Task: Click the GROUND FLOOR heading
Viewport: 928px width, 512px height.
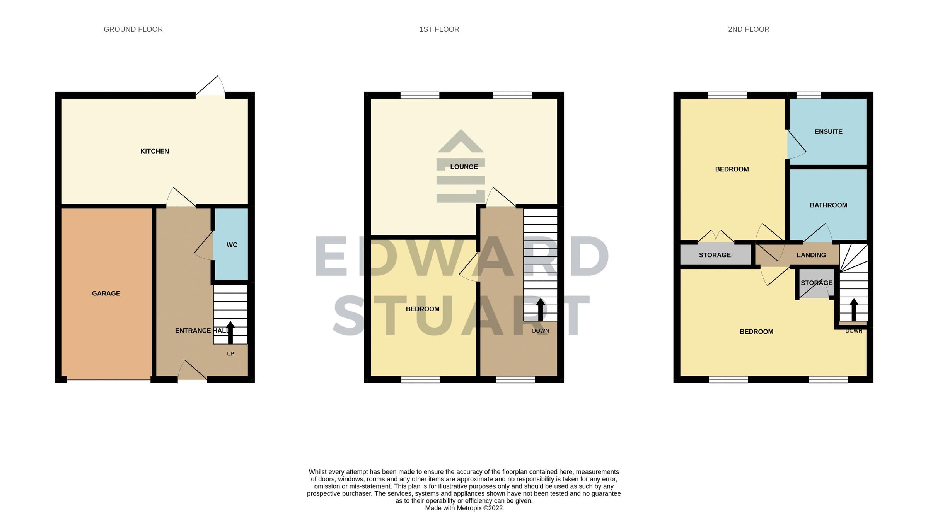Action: pyautogui.click(x=133, y=29)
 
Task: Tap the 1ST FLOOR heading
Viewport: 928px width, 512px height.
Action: pyautogui.click(x=439, y=29)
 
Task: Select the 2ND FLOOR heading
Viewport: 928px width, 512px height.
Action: pyautogui.click(x=749, y=29)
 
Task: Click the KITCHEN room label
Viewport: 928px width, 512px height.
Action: pyautogui.click(x=155, y=151)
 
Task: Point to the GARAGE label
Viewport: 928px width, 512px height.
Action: pyautogui.click(x=106, y=294)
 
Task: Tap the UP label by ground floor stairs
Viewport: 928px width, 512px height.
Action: pyautogui.click(x=230, y=354)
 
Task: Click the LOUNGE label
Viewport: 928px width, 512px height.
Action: pyautogui.click(x=464, y=167)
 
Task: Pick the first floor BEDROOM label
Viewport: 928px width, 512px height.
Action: pyautogui.click(x=423, y=309)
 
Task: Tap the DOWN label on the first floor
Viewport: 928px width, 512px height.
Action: pyautogui.click(x=540, y=331)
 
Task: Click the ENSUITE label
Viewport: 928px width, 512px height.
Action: pyautogui.click(x=828, y=132)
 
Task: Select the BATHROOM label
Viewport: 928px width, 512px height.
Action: pyautogui.click(x=828, y=205)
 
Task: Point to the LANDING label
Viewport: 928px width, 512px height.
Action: pyautogui.click(x=811, y=255)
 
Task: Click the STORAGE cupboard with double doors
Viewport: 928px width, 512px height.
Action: pyautogui.click(x=715, y=255)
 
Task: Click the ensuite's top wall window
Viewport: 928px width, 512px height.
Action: pyautogui.click(x=809, y=95)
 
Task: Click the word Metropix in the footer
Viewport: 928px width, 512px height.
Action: pyautogui.click(x=469, y=508)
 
